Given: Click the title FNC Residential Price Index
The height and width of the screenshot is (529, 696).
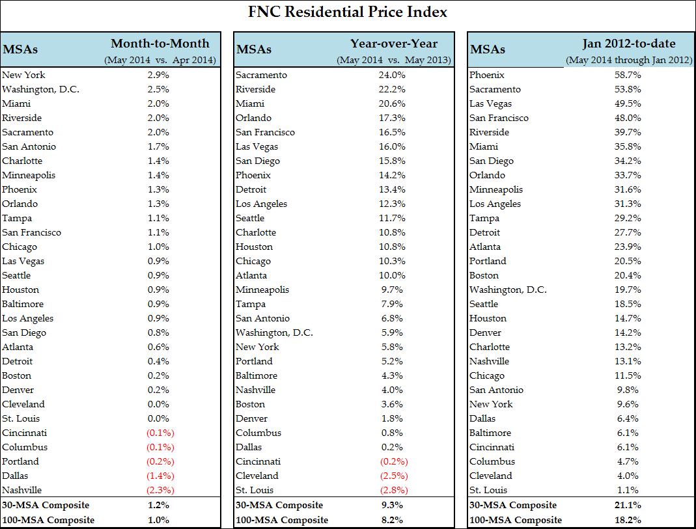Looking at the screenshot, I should (348, 12).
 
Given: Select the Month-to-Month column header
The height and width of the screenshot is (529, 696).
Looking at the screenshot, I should (160, 44).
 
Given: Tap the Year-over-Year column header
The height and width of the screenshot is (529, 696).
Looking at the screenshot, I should (394, 44).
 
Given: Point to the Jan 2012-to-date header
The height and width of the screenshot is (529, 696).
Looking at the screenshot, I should (628, 44).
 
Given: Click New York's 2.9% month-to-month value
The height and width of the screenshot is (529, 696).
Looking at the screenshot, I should (158, 75).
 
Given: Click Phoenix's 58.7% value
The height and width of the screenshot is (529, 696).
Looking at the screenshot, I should (628, 75).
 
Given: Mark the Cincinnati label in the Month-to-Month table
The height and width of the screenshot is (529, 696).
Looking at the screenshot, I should (24, 433).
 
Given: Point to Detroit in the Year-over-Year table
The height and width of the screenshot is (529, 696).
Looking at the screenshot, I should (251, 189).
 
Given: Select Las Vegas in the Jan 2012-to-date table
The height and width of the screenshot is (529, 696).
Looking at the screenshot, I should (490, 103).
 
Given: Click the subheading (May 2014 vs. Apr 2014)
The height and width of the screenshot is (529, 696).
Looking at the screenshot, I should (160, 61).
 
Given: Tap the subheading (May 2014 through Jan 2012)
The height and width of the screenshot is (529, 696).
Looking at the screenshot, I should (628, 61).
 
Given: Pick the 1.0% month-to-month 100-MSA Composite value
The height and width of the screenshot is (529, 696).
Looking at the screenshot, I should (158, 520).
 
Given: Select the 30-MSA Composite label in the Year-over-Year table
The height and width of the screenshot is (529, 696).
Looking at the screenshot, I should (279, 505).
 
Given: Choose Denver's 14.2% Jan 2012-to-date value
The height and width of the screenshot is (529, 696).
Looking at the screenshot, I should (628, 332).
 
